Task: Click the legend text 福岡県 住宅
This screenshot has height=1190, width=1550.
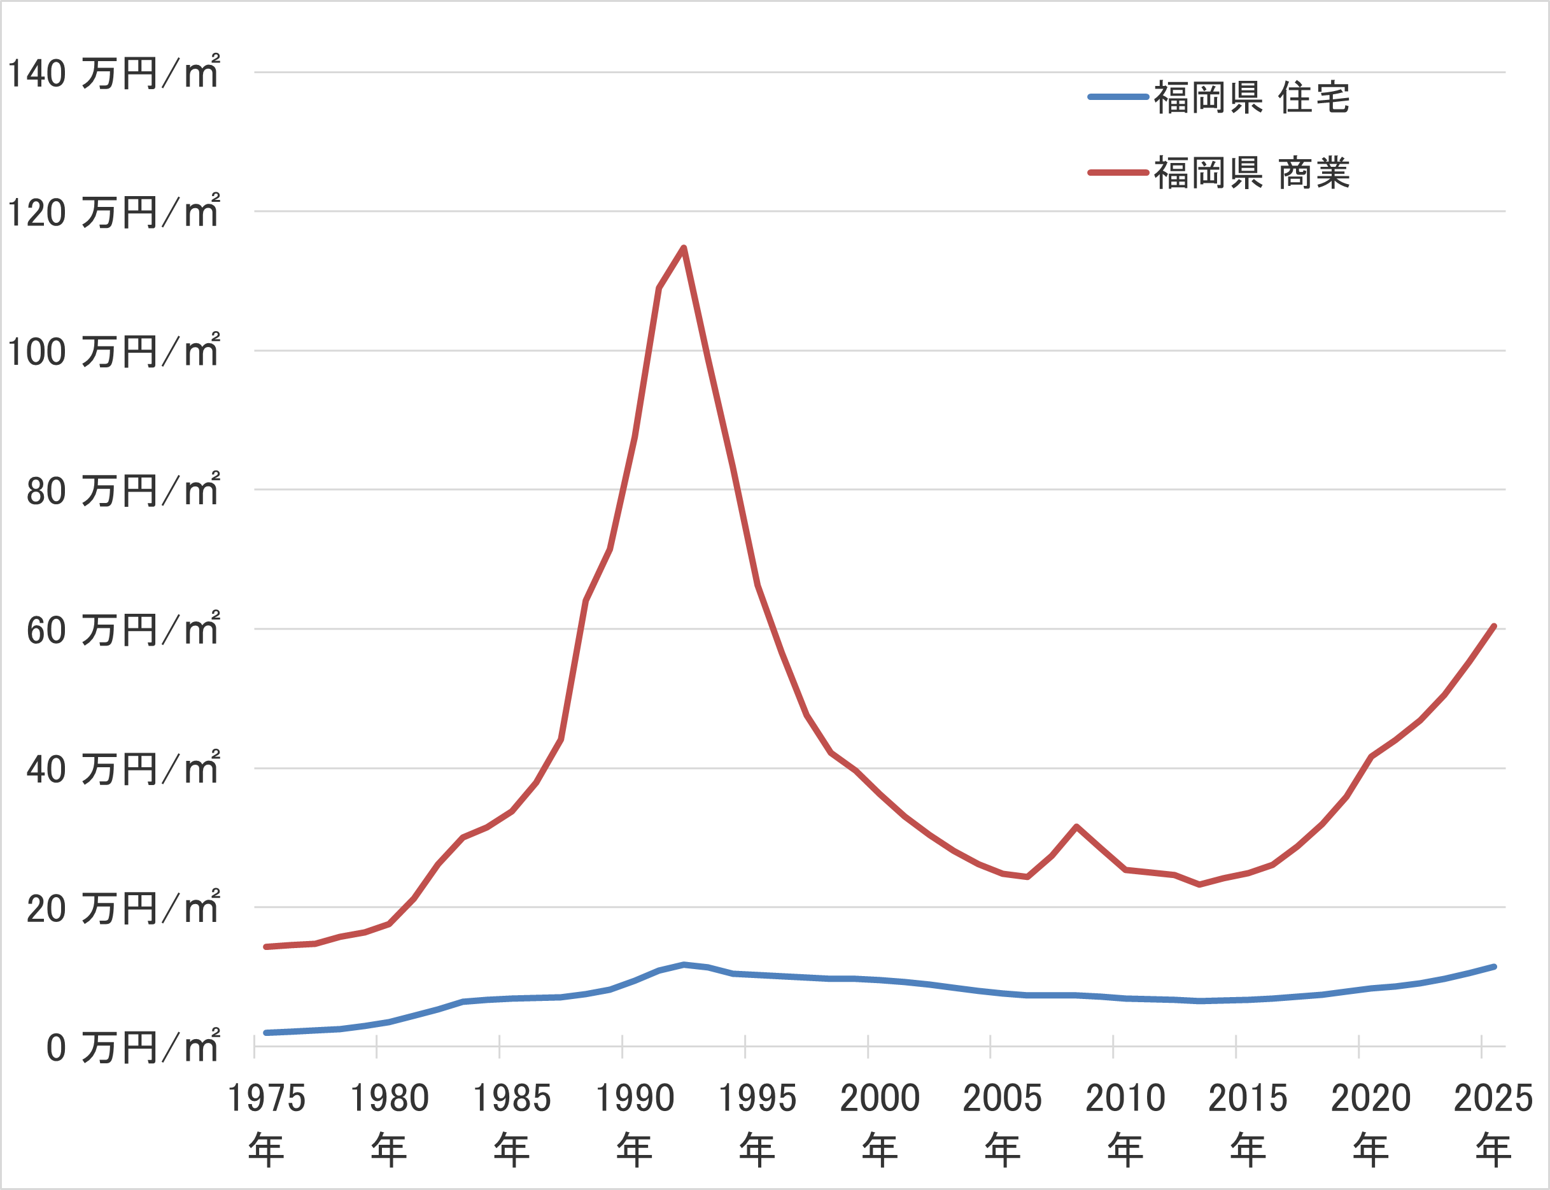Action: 1252,97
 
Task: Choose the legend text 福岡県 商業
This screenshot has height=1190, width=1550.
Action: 1252,173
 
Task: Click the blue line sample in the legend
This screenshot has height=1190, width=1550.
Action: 1118,97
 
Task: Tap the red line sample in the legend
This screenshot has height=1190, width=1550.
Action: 1118,173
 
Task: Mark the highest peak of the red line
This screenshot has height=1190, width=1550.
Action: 683,247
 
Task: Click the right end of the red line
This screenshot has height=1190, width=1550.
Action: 1493,626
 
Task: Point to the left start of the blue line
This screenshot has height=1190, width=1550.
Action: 265,1033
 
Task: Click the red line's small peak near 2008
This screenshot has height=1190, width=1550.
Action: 1076,826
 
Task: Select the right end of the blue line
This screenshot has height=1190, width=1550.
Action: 1493,967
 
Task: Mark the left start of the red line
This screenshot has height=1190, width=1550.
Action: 265,947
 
